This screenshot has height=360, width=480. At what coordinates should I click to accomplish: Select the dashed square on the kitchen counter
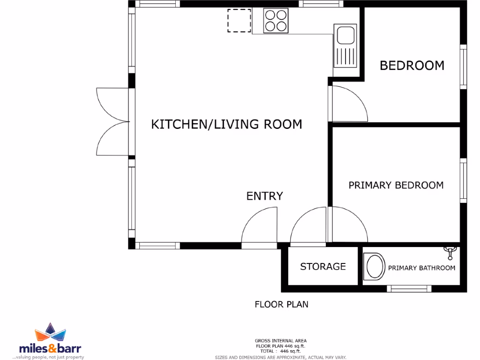point(239,21)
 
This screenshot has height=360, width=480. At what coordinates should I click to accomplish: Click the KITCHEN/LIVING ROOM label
point(226,124)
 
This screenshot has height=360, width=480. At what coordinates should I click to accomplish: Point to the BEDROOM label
point(412,65)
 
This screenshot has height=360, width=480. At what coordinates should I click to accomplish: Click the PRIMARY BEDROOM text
point(396,185)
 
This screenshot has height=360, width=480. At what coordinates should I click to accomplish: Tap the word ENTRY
point(265,196)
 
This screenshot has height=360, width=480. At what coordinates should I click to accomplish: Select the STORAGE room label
point(323,267)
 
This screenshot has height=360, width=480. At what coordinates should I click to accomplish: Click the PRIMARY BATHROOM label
point(421,268)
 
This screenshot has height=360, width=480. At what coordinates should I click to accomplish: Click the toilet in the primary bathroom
point(373,267)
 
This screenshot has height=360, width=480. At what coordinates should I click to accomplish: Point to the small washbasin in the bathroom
point(450,253)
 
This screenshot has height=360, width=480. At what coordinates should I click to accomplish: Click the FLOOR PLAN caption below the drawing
point(281,304)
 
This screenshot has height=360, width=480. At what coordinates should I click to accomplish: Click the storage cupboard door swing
point(307,227)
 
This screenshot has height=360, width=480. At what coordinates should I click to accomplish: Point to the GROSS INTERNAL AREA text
point(281,341)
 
